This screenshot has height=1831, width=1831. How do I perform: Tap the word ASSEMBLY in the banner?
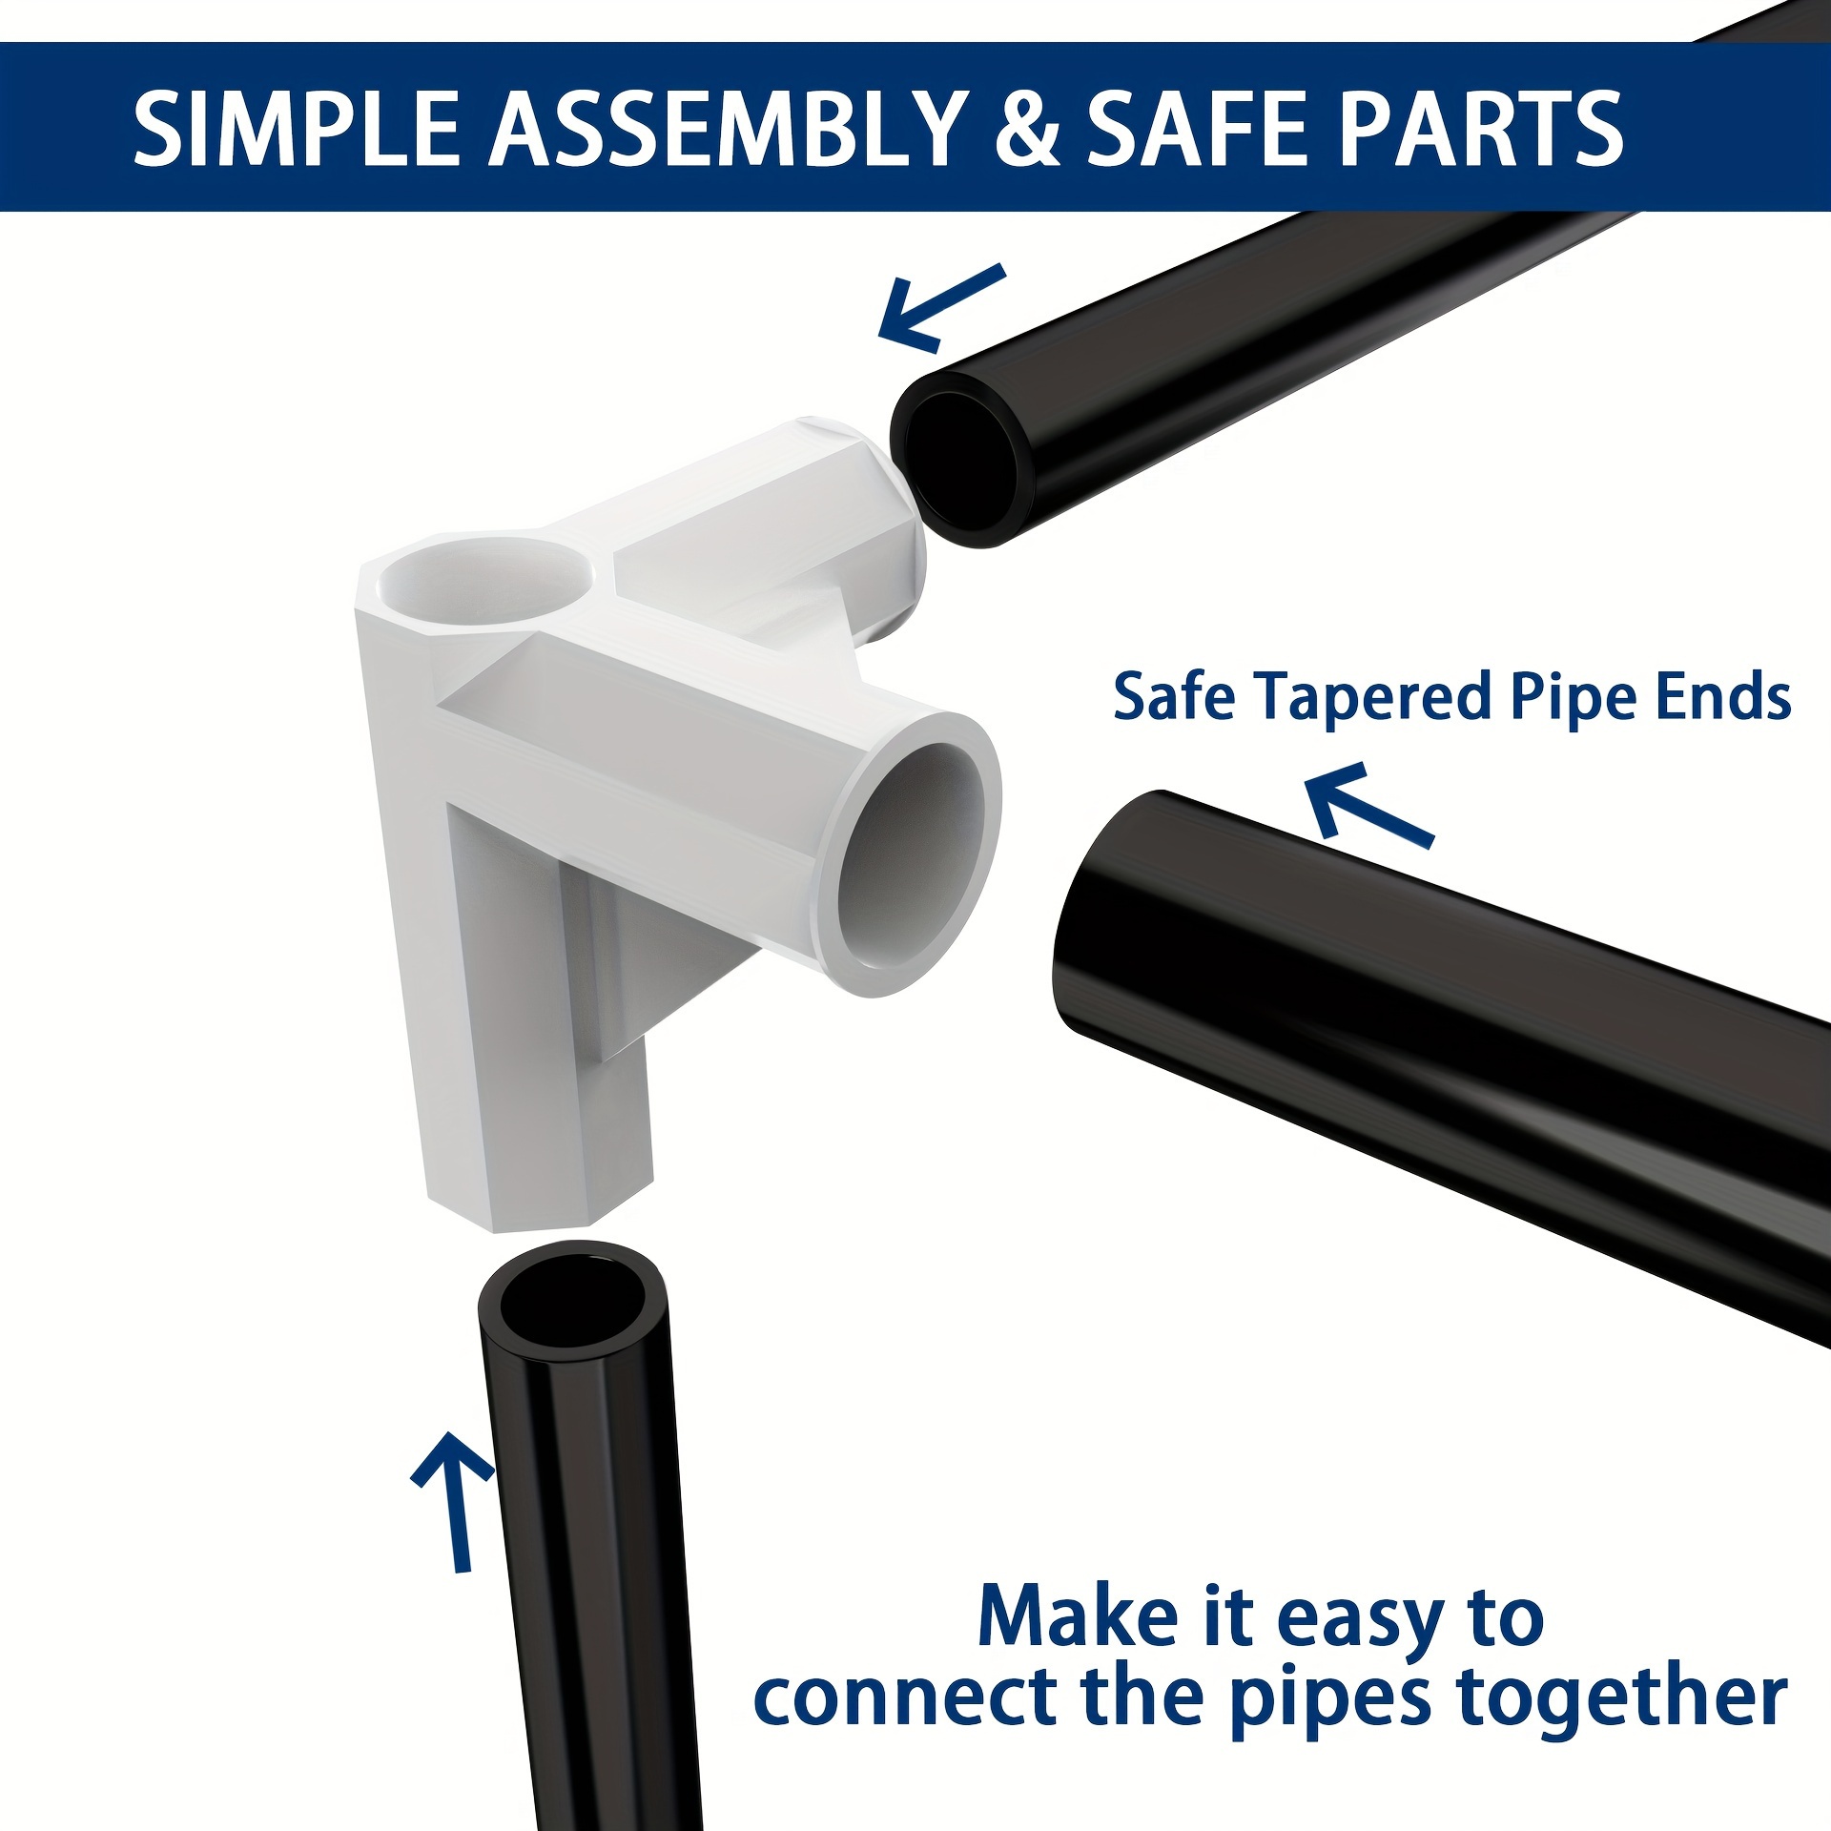click(727, 128)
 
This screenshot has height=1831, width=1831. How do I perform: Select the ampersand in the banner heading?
click(1026, 128)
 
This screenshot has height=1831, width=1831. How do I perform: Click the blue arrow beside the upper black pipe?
click(940, 307)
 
